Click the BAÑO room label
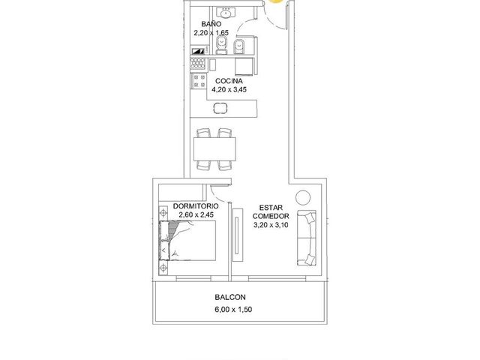[x=211, y=24]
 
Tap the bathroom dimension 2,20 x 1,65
[x=211, y=33]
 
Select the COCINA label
[x=229, y=81]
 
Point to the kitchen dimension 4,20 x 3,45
[x=229, y=90]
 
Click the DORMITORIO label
[x=196, y=206]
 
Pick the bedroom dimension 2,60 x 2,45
[x=196, y=215]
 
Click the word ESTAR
[x=271, y=208]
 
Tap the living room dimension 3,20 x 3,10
[x=271, y=225]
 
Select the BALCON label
[x=230, y=297]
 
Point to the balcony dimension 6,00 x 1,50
[x=233, y=310]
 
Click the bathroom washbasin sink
[x=226, y=13]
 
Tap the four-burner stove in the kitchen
[x=199, y=81]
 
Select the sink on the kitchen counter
[x=220, y=108]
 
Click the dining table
[x=214, y=149]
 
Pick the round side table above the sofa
[x=303, y=197]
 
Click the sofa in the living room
[x=307, y=238]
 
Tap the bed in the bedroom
[x=187, y=241]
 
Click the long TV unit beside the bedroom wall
[x=238, y=235]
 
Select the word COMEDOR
[x=271, y=216]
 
